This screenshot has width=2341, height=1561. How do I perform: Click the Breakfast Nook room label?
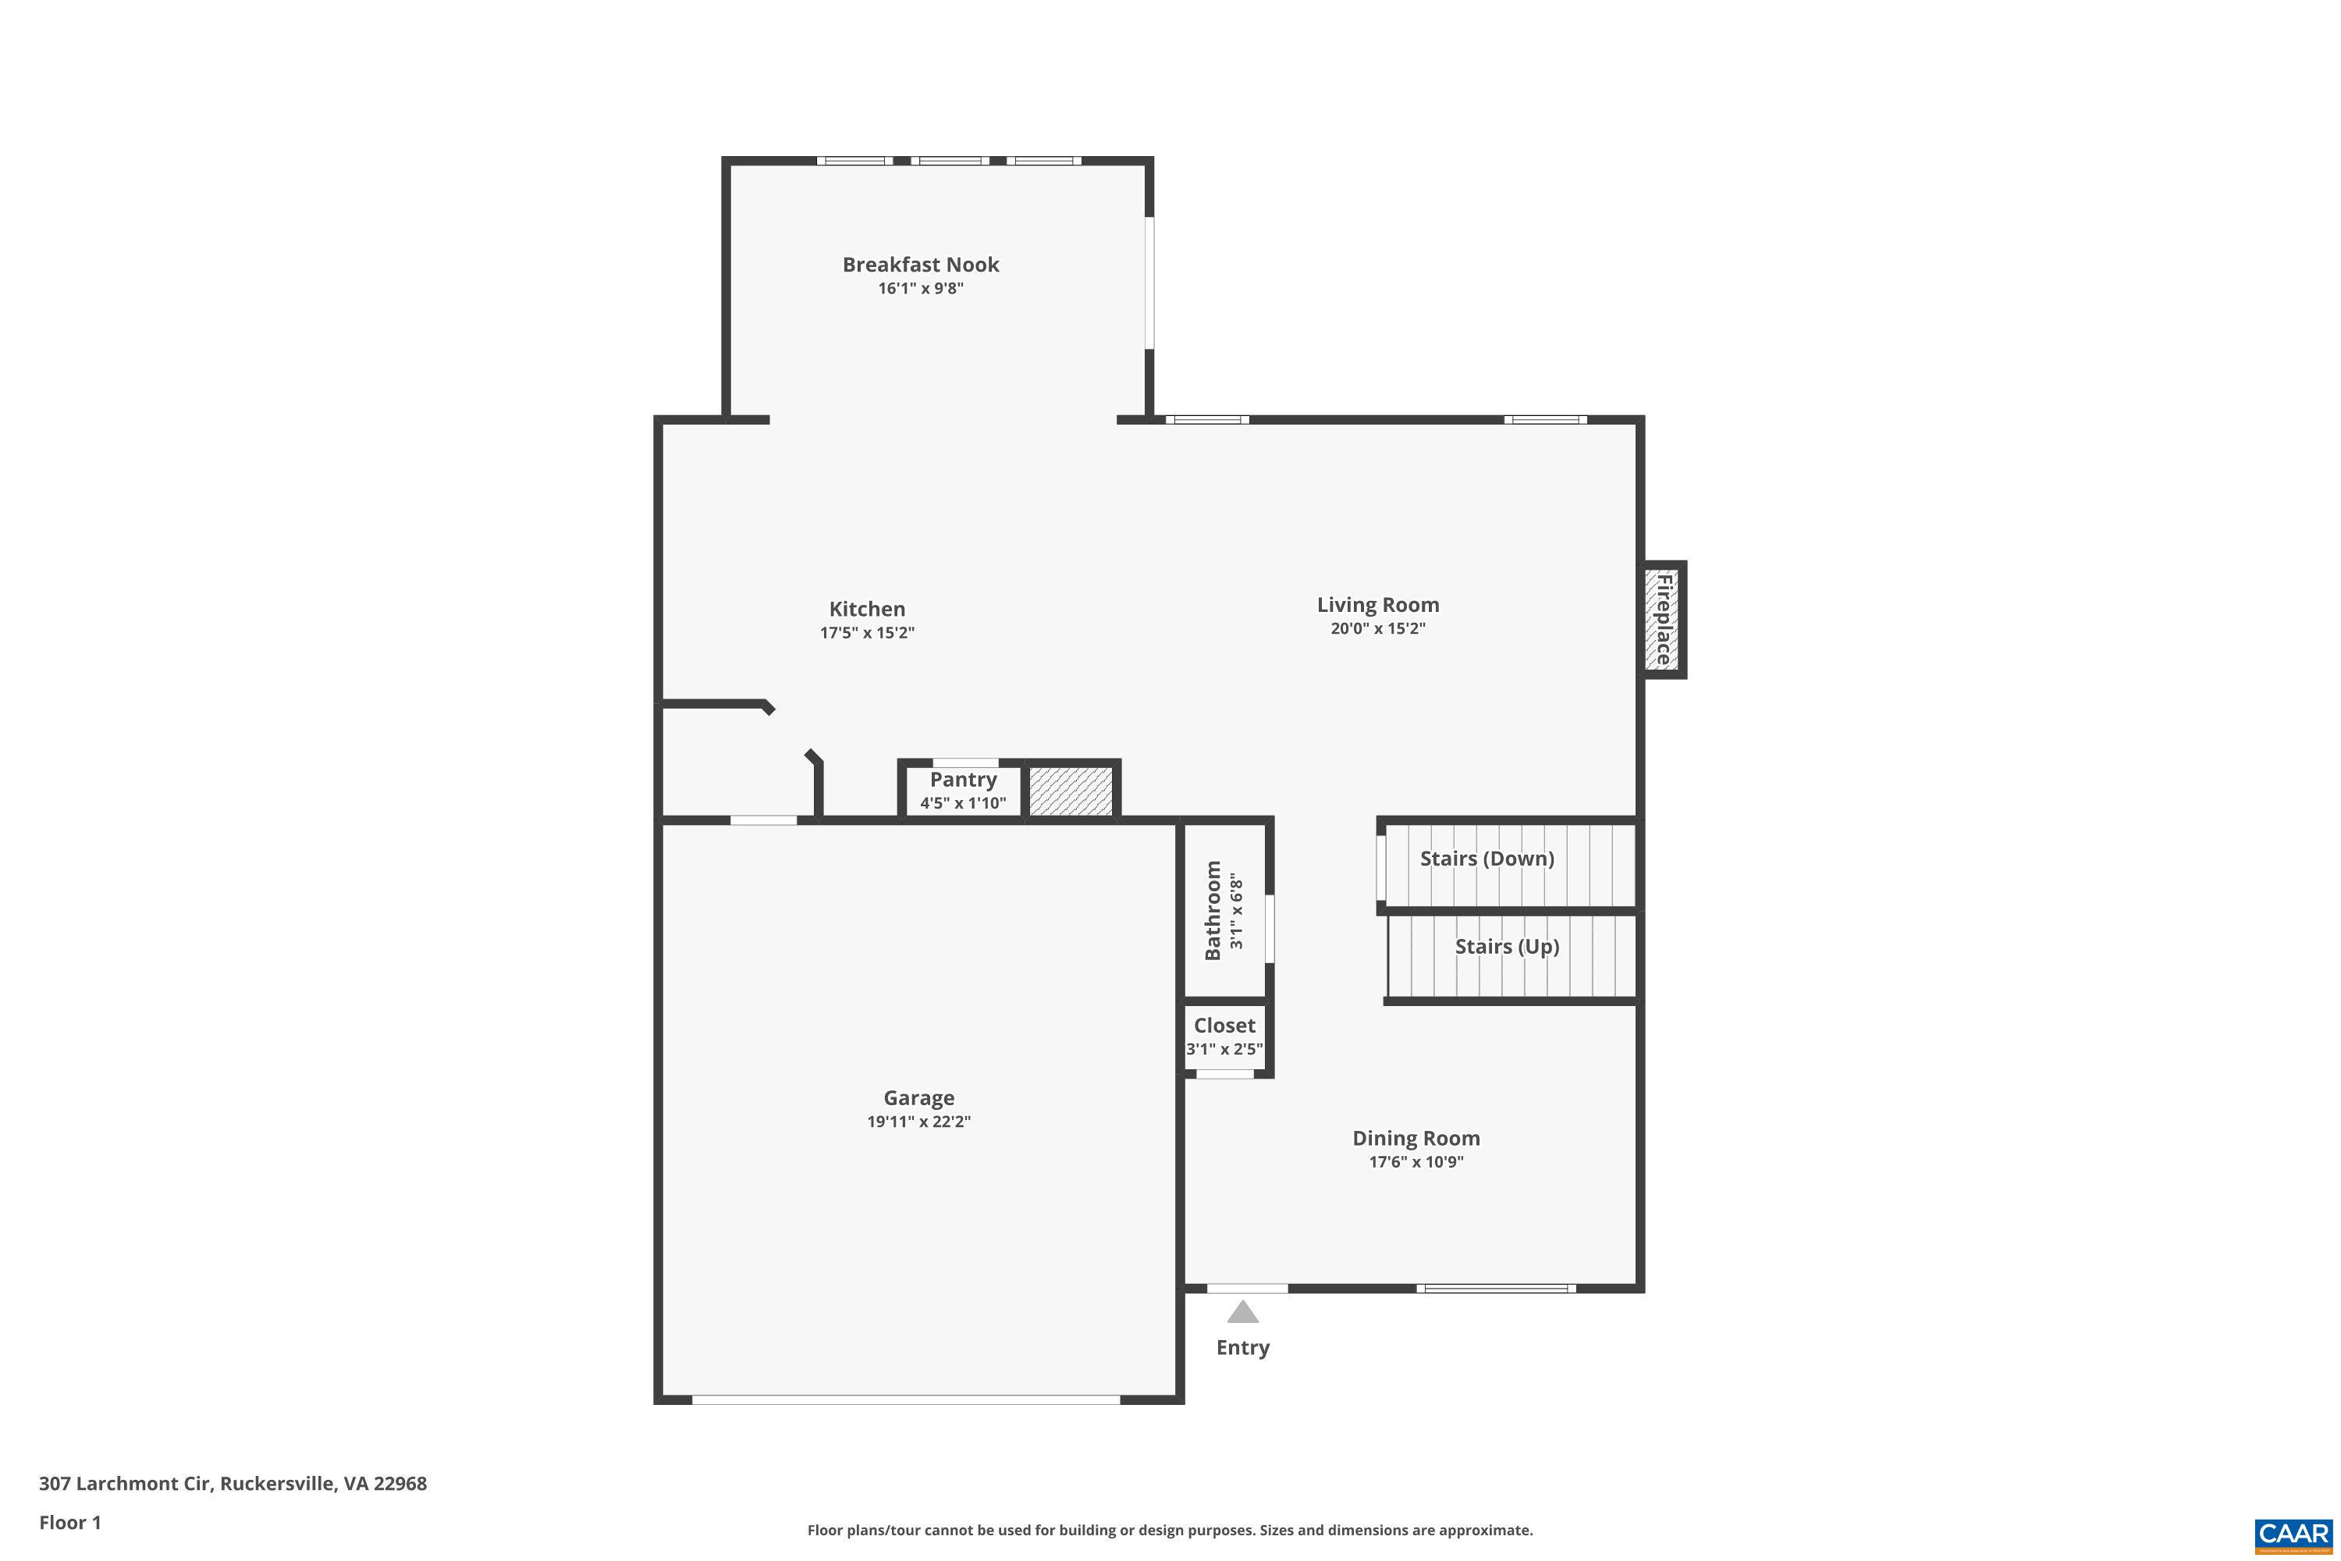pyautogui.click(x=920, y=265)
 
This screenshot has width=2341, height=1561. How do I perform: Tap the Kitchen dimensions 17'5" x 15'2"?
pyautogui.click(x=867, y=633)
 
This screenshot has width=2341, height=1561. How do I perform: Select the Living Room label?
pyautogui.click(x=1377, y=606)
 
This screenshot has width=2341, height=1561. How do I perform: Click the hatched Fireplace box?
pyautogui.click(x=1662, y=619)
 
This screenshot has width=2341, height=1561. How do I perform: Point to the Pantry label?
pyautogui.click(x=962, y=780)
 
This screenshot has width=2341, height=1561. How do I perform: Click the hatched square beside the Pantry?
pyautogui.click(x=1070, y=791)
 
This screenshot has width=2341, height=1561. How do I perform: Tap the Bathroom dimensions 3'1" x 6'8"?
pyautogui.click(x=1236, y=911)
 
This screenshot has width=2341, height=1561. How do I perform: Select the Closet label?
pyautogui.click(x=1224, y=1026)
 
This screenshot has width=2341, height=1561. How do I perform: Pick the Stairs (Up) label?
pyautogui.click(x=1506, y=947)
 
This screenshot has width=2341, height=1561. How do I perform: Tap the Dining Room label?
pyautogui.click(x=1416, y=1139)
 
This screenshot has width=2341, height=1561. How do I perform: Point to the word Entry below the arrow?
pyautogui.click(x=1242, y=1348)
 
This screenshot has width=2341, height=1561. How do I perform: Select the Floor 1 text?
pyautogui.click(x=69, y=1522)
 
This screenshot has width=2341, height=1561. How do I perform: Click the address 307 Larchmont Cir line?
pyautogui.click(x=232, y=1484)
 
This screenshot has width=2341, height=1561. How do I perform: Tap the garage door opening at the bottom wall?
pyautogui.click(x=906, y=1399)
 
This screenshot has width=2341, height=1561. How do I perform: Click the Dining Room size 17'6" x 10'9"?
pyautogui.click(x=1416, y=1162)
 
